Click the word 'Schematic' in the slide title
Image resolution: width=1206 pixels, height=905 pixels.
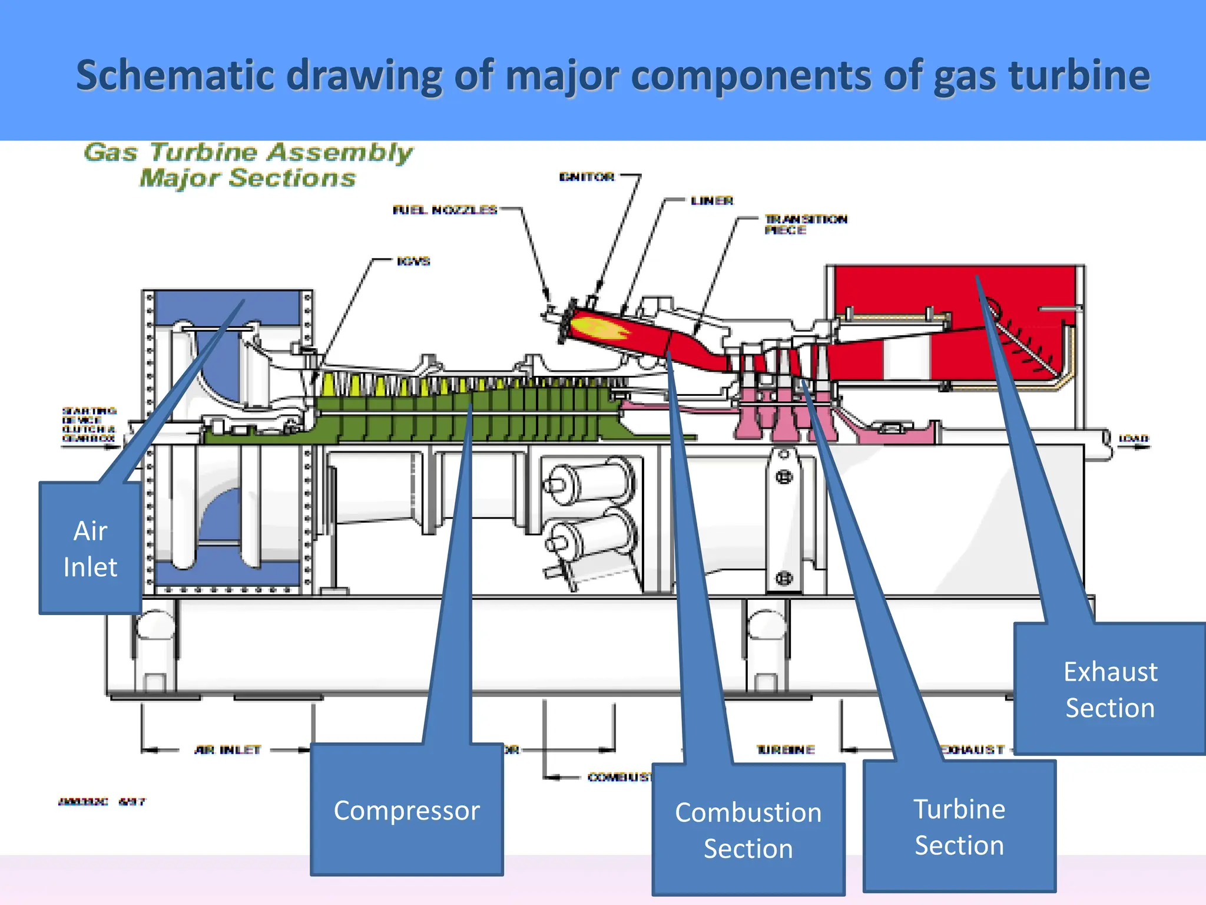[175, 75]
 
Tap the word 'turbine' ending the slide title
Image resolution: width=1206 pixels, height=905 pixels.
[1079, 75]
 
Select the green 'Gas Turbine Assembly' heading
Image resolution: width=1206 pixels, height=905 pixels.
[248, 152]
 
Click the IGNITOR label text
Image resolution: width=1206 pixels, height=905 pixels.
[587, 177]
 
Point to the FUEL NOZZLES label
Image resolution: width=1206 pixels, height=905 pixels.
[445, 210]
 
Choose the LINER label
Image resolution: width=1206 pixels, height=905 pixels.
[712, 201]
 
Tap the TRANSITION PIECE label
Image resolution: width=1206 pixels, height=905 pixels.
[805, 224]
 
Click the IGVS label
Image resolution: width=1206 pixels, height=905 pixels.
[413, 261]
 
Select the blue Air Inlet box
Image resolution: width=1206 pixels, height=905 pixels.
[90, 548]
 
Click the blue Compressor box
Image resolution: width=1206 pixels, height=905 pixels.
[406, 810]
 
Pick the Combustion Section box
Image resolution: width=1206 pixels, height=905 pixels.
[748, 830]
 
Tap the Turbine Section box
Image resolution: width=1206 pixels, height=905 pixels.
[959, 826]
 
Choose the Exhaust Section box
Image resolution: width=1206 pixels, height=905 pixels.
[1110, 689]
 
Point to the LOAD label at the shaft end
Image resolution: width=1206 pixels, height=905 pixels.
[1133, 438]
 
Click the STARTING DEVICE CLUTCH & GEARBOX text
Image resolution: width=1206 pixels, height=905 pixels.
[89, 424]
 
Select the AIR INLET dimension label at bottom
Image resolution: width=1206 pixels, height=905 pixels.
[227, 749]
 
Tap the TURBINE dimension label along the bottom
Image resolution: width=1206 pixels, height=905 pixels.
[786, 749]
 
